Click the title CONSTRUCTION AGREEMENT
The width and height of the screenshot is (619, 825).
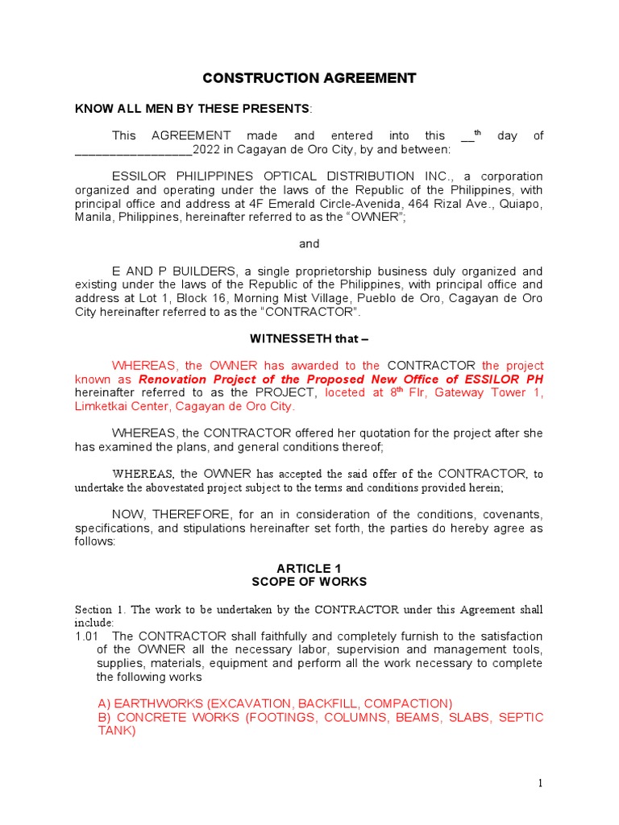click(x=309, y=78)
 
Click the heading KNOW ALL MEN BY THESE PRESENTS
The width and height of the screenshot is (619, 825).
click(x=192, y=109)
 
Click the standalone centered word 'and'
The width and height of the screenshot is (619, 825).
click(x=309, y=244)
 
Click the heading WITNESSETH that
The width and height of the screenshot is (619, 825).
click(x=309, y=339)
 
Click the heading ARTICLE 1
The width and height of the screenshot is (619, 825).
click(x=309, y=569)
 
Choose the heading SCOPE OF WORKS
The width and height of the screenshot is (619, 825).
click(x=309, y=582)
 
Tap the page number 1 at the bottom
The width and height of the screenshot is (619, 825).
click(x=542, y=783)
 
